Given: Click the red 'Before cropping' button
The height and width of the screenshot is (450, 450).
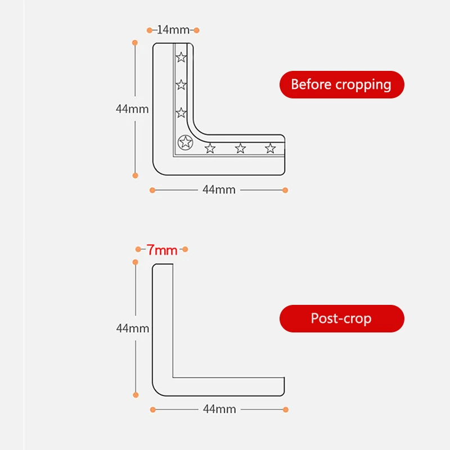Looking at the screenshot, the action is tap(341, 85).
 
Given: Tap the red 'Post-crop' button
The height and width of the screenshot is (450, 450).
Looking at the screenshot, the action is tap(341, 318).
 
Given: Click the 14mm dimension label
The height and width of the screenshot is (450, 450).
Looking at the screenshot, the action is tap(173, 30).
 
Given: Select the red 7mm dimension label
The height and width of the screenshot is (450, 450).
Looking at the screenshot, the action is tap(162, 250).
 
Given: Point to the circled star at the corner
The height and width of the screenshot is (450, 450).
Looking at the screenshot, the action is tap(184, 142).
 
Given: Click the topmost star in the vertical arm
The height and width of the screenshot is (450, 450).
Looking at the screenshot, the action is tap(181, 57).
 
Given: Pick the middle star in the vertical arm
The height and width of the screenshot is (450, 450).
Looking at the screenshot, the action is tap(181, 85).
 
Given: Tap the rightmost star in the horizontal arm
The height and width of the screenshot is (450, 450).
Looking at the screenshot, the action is tap(270, 148).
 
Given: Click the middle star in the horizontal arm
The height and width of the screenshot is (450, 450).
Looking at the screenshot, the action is tap(240, 148).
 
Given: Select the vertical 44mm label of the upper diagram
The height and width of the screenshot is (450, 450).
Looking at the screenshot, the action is tap(132, 109).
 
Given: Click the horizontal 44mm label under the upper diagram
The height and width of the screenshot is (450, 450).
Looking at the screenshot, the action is tap(219, 190).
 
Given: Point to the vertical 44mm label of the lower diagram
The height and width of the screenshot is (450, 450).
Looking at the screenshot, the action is tap(133, 328).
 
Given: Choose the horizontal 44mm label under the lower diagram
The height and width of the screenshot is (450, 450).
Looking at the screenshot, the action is tap(219, 409).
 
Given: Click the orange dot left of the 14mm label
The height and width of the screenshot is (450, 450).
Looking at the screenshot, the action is tap(150, 30).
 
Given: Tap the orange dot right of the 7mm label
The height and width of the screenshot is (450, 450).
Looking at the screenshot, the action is tap(185, 249).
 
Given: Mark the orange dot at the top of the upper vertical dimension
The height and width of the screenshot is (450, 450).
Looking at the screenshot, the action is tap(135, 43).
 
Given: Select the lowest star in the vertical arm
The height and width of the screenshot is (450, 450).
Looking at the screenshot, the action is tap(181, 113).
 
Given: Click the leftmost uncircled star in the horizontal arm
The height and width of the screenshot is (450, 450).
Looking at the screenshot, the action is tap(210, 148).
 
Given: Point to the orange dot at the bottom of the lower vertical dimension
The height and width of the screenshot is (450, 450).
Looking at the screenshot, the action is tap(135, 395).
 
